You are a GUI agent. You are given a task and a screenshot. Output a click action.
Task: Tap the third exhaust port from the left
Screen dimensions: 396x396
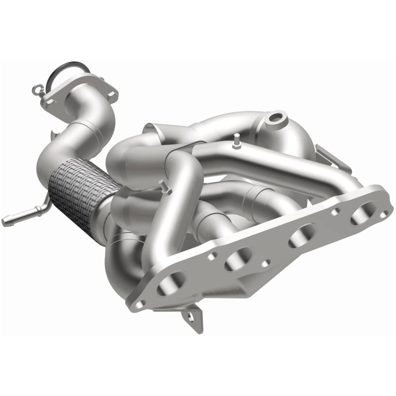tap(302, 233)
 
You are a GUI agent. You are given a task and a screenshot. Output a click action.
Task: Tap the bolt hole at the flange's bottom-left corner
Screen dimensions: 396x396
tap(140, 303)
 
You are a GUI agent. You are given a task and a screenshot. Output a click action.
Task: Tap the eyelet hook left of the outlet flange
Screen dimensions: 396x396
tap(36, 90)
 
